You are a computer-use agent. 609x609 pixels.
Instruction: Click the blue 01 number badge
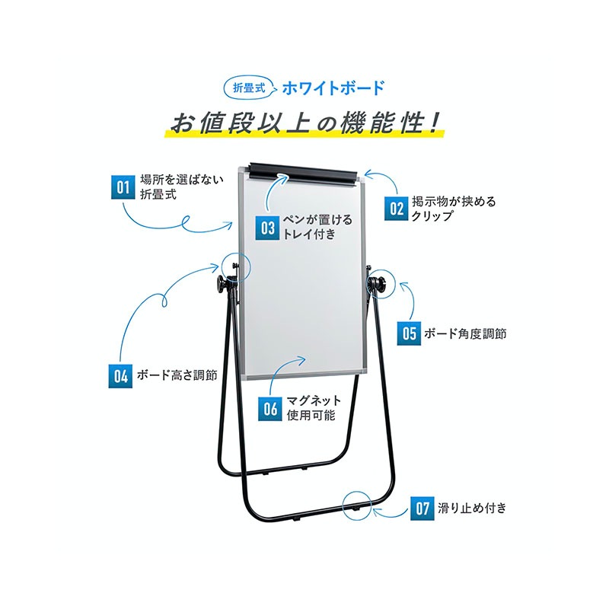[x=123, y=187]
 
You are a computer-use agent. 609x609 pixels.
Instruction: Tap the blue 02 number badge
[x=397, y=209]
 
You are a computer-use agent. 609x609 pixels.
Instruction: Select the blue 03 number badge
[x=268, y=228]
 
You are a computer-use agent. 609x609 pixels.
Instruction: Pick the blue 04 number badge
[x=120, y=376]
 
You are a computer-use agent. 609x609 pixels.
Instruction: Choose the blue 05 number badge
[x=409, y=333]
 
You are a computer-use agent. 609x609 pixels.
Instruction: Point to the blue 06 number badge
[x=270, y=409]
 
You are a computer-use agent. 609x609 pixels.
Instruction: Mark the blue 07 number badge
[x=422, y=508]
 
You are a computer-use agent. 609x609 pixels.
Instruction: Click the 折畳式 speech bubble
[x=249, y=88]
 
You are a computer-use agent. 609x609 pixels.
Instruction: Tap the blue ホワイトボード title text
[x=333, y=88]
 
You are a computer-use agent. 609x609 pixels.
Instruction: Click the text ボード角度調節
[x=465, y=333]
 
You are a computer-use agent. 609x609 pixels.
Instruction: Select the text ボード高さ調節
[x=177, y=375]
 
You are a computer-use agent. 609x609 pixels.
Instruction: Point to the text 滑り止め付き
[x=472, y=508]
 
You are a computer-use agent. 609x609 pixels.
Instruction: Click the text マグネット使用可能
[x=313, y=408]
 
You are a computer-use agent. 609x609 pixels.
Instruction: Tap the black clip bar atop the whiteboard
[x=303, y=174]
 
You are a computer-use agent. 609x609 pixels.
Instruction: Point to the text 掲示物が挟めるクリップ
[x=454, y=209]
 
